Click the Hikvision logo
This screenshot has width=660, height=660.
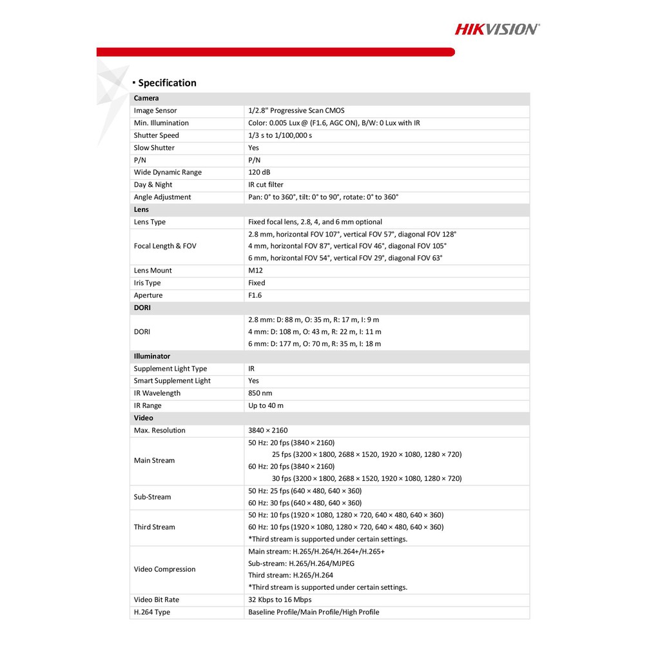coord(497,29)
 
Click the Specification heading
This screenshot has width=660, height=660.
coord(167,82)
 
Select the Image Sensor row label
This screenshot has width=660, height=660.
coord(155,111)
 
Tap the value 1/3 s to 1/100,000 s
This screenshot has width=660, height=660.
coord(280,135)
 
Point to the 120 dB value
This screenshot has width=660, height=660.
coord(259,172)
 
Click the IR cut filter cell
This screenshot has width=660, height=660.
coord(266,184)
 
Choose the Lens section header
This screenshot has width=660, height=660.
coord(141,209)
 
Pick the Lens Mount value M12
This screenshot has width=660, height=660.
coord(255,271)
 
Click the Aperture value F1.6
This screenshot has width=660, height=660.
coord(255,295)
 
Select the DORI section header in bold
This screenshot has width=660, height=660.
coord(142,308)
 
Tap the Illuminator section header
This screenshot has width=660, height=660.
coord(151,356)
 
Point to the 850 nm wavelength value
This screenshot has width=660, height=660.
coord(260,393)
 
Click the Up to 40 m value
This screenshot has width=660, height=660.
coord(266,405)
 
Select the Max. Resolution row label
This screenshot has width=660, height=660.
coord(159,431)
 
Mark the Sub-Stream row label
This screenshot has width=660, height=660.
coord(152,497)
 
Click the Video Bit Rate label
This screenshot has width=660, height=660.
coord(156,599)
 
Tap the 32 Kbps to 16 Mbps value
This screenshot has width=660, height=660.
coord(280,599)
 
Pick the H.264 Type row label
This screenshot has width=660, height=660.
coord(151,612)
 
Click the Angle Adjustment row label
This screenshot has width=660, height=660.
coord(162,197)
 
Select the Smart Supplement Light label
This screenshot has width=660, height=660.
coord(172,381)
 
